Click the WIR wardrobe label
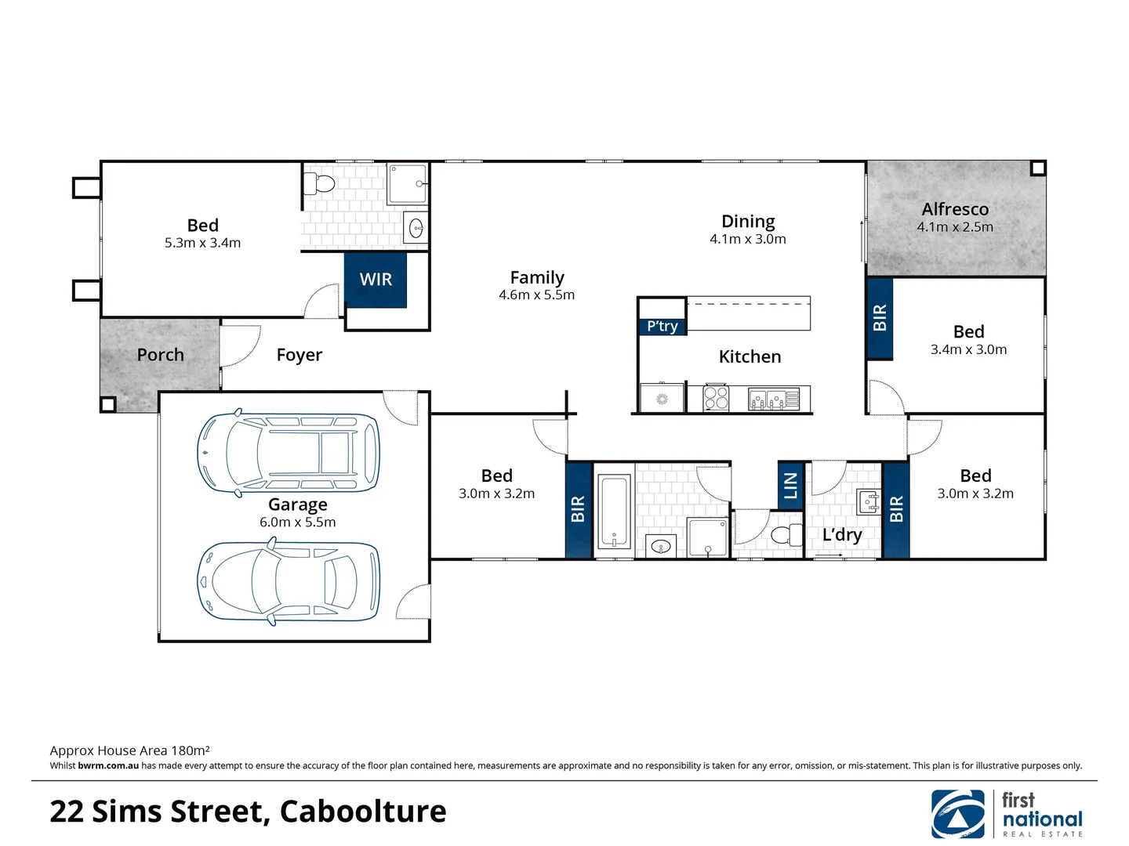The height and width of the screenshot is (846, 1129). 376,280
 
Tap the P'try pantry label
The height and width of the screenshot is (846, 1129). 663,326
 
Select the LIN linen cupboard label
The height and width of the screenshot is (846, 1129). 790,486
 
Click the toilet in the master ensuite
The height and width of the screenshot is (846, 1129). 320,183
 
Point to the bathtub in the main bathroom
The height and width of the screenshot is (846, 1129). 614,511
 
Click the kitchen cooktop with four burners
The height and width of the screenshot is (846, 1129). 716,398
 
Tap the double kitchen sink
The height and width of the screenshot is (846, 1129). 767,399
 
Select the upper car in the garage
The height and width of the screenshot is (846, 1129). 288,453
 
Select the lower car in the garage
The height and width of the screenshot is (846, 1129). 288,582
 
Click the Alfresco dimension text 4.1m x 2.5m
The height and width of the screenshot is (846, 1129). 955,227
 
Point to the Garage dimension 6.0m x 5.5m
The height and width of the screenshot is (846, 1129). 297,522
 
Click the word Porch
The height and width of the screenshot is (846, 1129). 160,355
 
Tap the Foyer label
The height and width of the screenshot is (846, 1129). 299,355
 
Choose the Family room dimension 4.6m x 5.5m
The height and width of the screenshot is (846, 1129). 536,295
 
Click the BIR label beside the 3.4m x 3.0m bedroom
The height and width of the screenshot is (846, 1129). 880,317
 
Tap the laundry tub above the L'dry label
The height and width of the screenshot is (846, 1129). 869,501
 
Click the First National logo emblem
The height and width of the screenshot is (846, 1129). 958,814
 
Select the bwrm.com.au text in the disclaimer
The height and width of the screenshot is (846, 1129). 108,766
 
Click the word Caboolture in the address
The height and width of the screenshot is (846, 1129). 363,812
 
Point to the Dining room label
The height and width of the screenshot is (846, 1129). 748,222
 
